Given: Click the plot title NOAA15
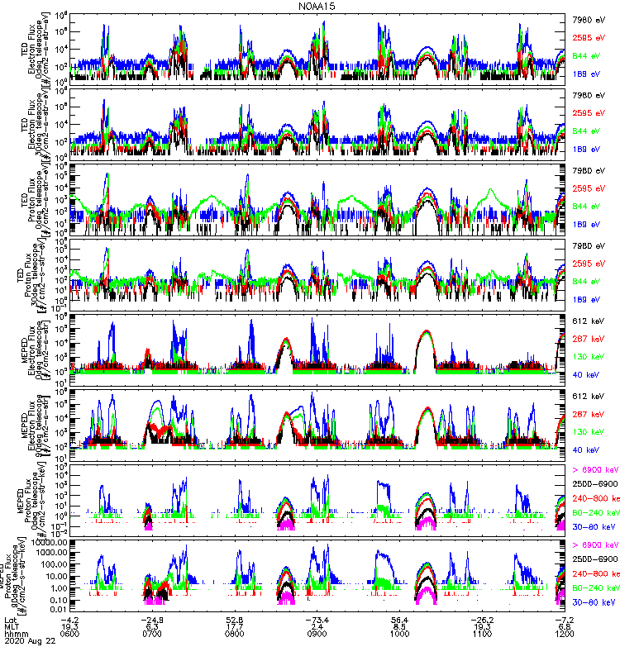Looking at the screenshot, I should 317,6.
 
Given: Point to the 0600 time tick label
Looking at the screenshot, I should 69,634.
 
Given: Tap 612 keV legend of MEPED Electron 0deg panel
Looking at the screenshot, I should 589,319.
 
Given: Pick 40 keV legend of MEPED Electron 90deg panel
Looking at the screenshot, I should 589,449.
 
